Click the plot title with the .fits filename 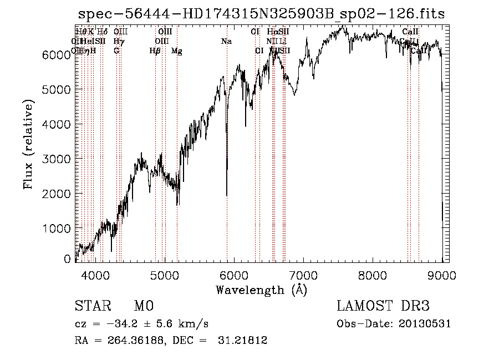261,14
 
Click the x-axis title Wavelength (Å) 261,290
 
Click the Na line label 226,42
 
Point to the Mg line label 177,51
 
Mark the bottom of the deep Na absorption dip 226,195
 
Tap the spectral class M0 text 143,307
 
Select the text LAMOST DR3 383,307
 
